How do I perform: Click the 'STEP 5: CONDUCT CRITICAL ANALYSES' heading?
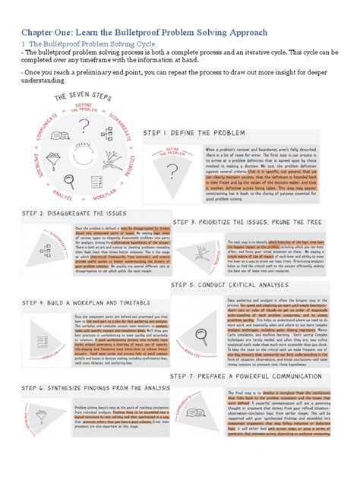[239, 285]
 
